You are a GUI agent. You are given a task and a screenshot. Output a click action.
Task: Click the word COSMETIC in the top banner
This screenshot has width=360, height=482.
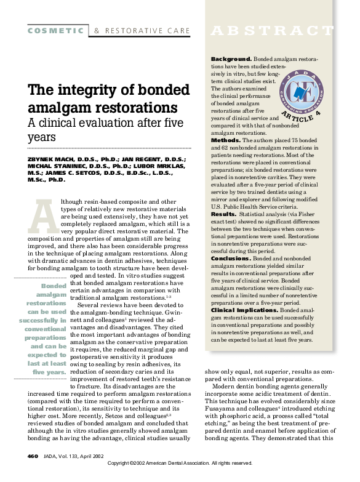tap(56, 30)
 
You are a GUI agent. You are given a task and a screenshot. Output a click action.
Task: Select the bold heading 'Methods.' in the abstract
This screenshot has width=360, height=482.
tap(225, 140)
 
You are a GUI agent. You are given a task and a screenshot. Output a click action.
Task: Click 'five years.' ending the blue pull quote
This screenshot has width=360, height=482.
tap(49, 372)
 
